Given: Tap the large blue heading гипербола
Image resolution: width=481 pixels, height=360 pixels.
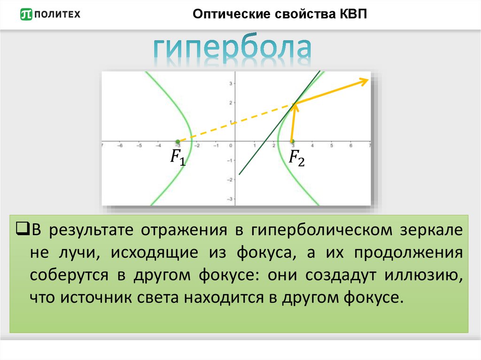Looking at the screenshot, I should click(x=233, y=50).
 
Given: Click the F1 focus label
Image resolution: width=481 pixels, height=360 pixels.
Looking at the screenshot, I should click(x=178, y=157).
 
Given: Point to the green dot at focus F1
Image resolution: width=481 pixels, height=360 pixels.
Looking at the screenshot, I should click(x=178, y=141).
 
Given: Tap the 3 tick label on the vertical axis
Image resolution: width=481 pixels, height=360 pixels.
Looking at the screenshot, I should click(x=231, y=84).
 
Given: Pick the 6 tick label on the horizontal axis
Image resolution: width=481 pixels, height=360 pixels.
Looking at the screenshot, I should click(x=350, y=146).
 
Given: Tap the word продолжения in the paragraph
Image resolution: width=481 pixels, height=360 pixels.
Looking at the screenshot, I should click(x=409, y=253).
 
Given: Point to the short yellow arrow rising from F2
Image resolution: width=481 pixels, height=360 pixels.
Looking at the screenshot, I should click(x=294, y=123).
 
